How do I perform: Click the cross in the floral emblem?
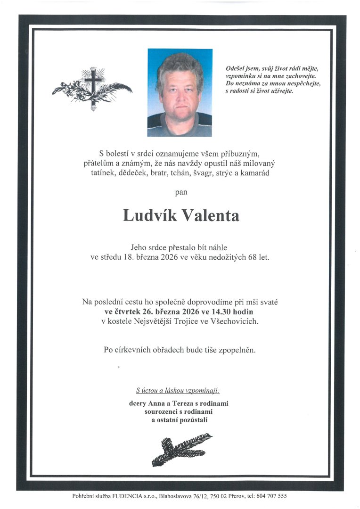[93, 82]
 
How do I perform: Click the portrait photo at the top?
[180, 92]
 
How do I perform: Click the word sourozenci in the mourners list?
[161, 411]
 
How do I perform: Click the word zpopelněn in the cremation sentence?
[237, 350]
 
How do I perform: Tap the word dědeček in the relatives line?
[136, 173]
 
